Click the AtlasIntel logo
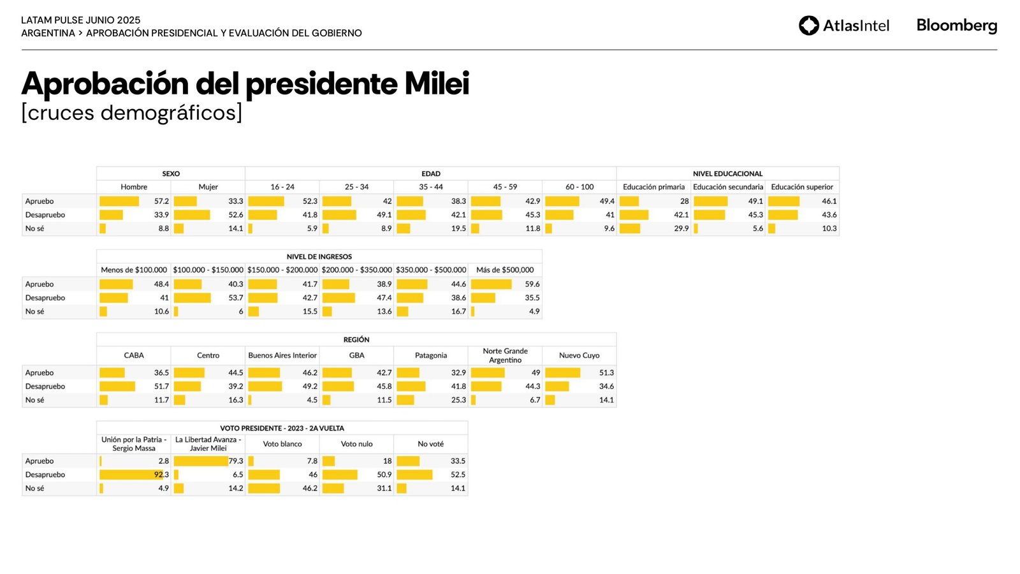(x=843, y=26)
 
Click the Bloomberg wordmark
(x=956, y=26)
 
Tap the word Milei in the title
(x=437, y=84)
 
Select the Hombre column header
(x=134, y=187)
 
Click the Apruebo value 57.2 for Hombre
(x=161, y=201)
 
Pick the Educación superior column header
(x=802, y=187)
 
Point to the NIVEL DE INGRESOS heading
(x=319, y=256)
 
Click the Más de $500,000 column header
(x=505, y=270)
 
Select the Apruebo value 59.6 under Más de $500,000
(x=532, y=284)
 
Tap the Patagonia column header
(x=431, y=355)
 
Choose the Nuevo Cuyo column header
(x=579, y=355)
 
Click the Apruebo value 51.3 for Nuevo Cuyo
(x=606, y=372)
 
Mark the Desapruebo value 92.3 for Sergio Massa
(x=161, y=475)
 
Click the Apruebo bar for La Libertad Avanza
(x=201, y=461)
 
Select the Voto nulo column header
(x=356, y=444)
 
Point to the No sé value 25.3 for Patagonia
(x=458, y=400)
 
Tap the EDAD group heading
(x=431, y=173)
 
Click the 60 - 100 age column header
(x=579, y=187)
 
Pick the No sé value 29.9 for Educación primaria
(x=681, y=228)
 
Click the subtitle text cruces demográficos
(x=132, y=113)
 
